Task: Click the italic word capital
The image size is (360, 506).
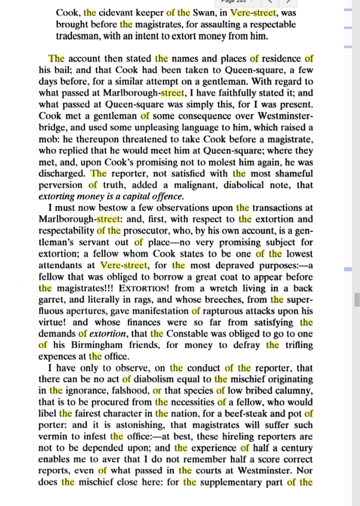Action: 137,197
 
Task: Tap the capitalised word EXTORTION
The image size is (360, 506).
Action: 143,288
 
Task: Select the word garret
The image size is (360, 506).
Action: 51,300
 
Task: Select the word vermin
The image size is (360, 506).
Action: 53,436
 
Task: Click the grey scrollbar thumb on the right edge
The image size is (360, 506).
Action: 357,300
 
